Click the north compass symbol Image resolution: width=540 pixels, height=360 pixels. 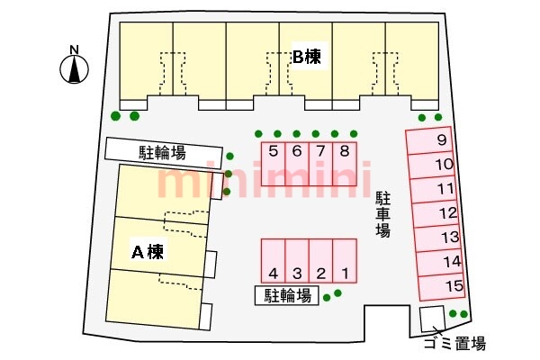click(75, 66)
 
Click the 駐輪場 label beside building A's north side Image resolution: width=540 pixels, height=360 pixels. click(163, 150)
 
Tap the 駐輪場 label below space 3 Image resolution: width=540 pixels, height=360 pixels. click(287, 295)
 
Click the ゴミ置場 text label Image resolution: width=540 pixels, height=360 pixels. click(454, 343)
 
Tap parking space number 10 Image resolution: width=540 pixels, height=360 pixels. click(437, 165)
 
